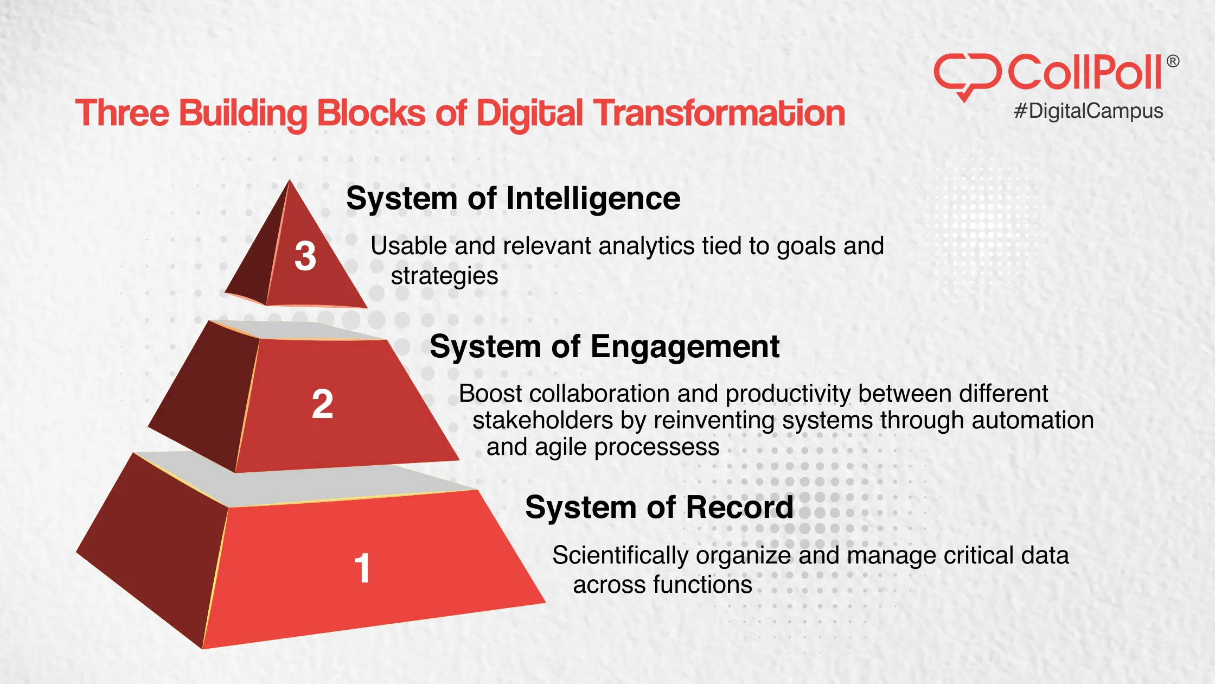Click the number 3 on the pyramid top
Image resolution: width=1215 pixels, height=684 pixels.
tap(305, 256)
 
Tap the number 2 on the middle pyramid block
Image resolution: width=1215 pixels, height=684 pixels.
tap(322, 404)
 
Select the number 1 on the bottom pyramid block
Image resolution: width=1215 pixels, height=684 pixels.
tap(362, 568)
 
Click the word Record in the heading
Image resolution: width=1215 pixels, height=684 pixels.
tap(740, 508)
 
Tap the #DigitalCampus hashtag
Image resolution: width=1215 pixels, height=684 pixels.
tap(1089, 111)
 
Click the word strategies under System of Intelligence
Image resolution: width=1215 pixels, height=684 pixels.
tap(444, 276)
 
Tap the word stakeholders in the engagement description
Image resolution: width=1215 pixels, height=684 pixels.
tap(542, 421)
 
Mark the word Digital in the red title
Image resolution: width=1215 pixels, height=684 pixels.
tap(529, 113)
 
